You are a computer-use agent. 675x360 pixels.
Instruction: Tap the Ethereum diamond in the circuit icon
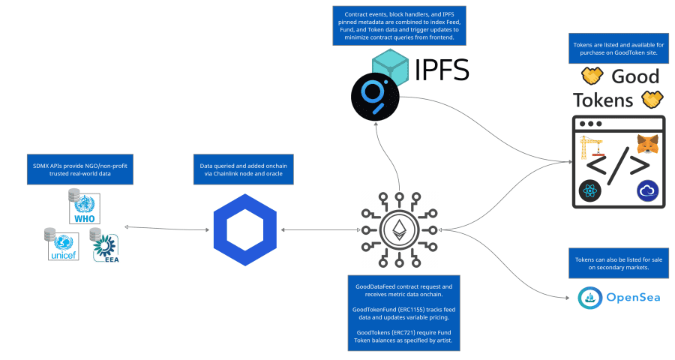398,229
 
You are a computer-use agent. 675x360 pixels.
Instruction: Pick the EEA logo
106,246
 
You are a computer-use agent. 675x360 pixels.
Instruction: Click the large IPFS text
442,70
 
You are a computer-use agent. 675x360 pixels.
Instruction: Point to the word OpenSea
633,298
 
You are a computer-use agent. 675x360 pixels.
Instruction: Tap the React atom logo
590,191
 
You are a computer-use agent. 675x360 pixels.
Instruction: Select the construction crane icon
591,147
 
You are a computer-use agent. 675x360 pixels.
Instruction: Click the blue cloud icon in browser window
646,191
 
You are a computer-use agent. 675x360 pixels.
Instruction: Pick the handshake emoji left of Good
592,76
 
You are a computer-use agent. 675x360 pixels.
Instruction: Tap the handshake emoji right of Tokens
649,100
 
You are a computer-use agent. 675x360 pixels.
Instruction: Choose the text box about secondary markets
619,263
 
